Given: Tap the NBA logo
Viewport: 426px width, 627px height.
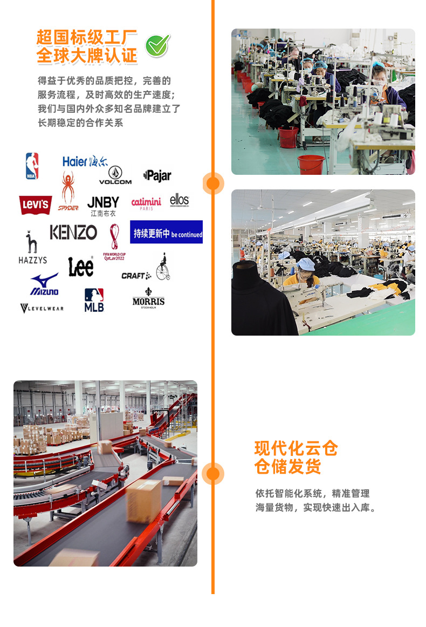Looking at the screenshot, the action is tap(32, 166).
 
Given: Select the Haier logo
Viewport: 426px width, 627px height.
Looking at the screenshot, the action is tap(85, 161).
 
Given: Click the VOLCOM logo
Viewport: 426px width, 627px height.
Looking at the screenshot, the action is tap(115, 176).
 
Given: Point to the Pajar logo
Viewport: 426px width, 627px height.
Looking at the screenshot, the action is tap(157, 175).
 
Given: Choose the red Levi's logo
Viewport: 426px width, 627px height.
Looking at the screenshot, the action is tap(36, 205).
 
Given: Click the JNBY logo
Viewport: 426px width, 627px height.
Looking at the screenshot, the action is tap(103, 206).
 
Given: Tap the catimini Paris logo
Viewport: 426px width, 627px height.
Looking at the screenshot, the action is tap(146, 203).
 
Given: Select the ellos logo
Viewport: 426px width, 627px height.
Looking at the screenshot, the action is tap(180, 201).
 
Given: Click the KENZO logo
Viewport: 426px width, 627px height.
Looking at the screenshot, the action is tap(73, 233).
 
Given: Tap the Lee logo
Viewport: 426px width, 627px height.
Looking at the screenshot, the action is tap(81, 267).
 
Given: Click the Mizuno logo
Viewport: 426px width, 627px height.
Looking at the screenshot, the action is tap(44, 284).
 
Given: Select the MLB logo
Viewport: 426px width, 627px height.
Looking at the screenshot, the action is tap(94, 299).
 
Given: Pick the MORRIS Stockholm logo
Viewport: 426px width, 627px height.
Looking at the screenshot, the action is tap(148, 298).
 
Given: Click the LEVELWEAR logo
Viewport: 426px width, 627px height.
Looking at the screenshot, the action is tap(42, 308).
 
